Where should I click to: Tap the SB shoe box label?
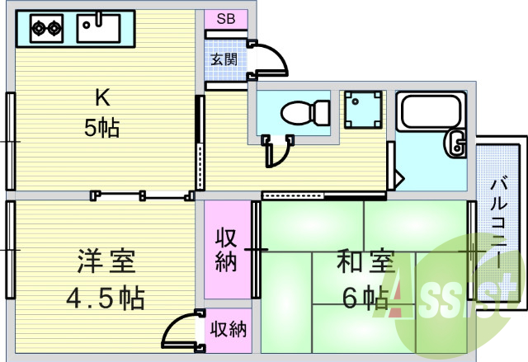click(x=226, y=18)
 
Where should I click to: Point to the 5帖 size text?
click(x=102, y=128)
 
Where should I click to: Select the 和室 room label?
click(x=363, y=264)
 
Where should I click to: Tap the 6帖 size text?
click(x=362, y=296)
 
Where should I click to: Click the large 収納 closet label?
click(x=227, y=250)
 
